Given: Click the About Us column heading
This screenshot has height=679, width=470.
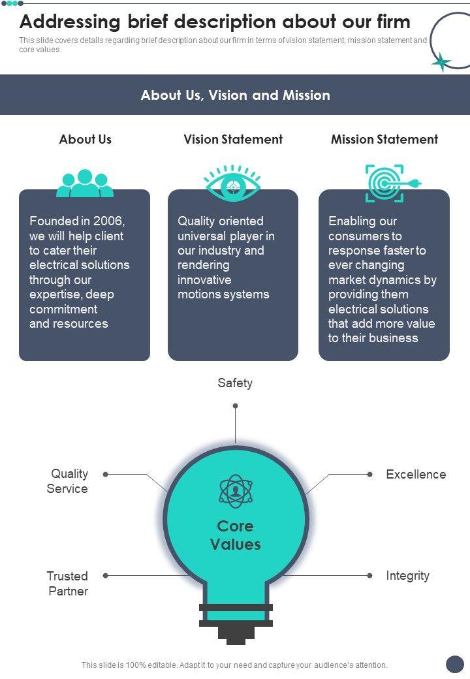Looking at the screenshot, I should [85, 139].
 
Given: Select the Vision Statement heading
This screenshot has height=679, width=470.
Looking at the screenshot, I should [233, 139].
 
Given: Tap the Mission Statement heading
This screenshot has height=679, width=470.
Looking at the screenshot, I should [384, 139].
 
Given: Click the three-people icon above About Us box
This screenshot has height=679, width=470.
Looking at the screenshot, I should [85, 183].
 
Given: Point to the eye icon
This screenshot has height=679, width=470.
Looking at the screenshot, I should [232, 183].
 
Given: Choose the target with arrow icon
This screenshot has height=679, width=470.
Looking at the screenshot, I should [389, 183].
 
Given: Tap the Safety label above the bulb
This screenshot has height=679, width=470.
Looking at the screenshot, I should [235, 383].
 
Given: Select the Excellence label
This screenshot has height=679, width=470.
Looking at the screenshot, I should [416, 475].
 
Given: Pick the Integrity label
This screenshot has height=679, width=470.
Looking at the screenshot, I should [407, 576].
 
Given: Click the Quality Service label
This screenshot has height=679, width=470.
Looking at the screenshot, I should [68, 481].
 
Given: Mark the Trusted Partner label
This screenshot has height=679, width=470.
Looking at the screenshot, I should [67, 584].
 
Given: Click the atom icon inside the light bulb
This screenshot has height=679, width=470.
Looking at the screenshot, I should [235, 492].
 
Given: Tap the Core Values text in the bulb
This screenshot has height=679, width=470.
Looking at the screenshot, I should [235, 535].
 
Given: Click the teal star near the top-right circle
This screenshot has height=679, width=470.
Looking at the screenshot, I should [441, 61].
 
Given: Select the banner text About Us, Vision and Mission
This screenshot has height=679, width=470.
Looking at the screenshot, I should [235, 95].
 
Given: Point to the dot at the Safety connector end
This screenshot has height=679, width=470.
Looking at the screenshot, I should [235, 406].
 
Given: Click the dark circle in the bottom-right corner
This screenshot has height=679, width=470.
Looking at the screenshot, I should [454, 664].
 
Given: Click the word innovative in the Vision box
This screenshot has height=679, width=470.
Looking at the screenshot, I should [204, 280].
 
